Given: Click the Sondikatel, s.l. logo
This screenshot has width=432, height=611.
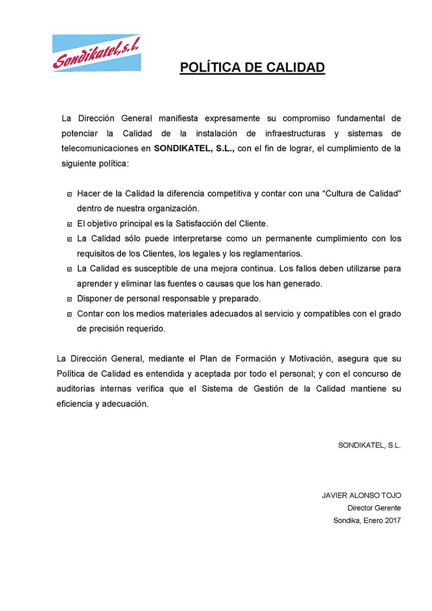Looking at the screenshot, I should tap(96, 53).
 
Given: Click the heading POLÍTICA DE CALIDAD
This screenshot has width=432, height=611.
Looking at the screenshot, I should tap(252, 68).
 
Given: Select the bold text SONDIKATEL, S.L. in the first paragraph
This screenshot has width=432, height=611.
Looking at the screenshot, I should tap(194, 148).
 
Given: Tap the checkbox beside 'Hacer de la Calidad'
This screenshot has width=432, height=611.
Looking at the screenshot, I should tap(70, 194).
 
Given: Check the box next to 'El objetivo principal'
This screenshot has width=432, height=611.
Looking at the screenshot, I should tap(70, 224).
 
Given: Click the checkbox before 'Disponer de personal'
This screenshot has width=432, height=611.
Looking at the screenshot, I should tap(70, 299).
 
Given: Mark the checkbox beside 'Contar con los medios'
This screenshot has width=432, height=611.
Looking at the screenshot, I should tap(70, 314).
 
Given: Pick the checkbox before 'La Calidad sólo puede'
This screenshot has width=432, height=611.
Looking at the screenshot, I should tap(70, 239).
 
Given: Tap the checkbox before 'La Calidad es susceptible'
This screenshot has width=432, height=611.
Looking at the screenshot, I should tap(70, 269).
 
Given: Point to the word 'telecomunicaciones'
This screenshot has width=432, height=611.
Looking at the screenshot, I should tap(99, 148).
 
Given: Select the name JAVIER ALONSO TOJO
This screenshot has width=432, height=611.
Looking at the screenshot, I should tap(361, 495).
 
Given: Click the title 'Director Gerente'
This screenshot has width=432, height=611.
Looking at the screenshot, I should tap(374, 508).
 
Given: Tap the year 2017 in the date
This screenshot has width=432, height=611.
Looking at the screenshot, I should tap(392, 520).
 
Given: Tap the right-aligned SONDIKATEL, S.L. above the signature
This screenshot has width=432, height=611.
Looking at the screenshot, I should tap(369, 445).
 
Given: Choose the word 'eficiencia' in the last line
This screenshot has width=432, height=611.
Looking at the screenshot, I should tap(73, 404).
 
